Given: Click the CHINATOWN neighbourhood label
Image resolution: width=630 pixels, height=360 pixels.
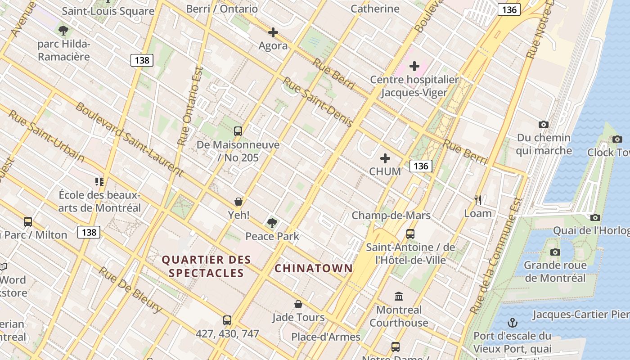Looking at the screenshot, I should (314, 269).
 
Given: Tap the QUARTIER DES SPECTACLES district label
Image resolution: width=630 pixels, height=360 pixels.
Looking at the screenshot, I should (206, 266).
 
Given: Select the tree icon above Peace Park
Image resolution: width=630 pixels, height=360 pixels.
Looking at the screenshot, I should (272, 223).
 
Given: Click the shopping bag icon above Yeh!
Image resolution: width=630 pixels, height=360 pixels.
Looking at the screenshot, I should (238, 202).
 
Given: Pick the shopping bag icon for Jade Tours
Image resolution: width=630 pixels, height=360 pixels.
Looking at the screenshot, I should (298, 305).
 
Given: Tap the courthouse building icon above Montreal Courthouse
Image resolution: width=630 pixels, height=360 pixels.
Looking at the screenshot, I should (399, 297).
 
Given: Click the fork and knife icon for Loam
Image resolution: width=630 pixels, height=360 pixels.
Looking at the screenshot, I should (478, 200).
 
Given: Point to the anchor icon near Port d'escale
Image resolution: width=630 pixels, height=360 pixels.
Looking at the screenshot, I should (512, 323).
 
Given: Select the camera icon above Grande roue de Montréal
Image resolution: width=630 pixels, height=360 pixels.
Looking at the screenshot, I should (555, 252).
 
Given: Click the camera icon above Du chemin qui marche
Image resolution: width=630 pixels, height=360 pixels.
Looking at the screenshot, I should (544, 125).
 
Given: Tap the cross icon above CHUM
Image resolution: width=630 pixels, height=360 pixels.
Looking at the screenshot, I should (385, 158).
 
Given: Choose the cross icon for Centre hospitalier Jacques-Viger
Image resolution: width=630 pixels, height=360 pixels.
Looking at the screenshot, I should (414, 67).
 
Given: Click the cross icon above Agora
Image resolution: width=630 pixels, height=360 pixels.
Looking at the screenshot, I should (273, 32).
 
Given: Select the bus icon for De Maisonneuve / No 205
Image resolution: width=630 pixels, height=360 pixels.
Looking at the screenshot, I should (238, 131).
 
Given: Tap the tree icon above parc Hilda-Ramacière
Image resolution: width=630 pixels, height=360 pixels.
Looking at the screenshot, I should (63, 31).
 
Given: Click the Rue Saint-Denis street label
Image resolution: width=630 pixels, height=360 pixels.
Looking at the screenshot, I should (317, 102).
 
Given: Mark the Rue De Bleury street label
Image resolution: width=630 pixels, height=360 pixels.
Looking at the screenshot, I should (130, 290).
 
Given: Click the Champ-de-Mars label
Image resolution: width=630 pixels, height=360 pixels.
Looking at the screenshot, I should (391, 216).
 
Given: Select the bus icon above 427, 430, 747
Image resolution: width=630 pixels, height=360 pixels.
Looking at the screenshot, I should (227, 320).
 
